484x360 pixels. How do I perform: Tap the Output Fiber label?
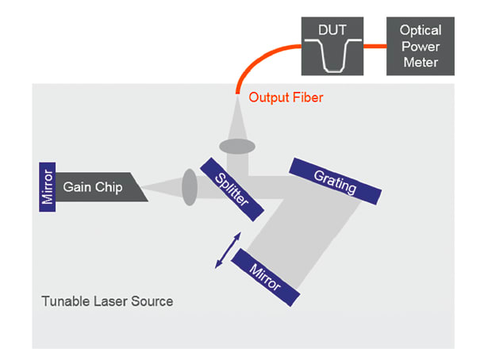click(286, 98)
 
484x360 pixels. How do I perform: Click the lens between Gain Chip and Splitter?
click(189, 187)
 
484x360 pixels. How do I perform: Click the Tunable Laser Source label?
click(107, 301)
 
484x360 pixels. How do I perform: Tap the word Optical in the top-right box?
click(421, 30)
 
